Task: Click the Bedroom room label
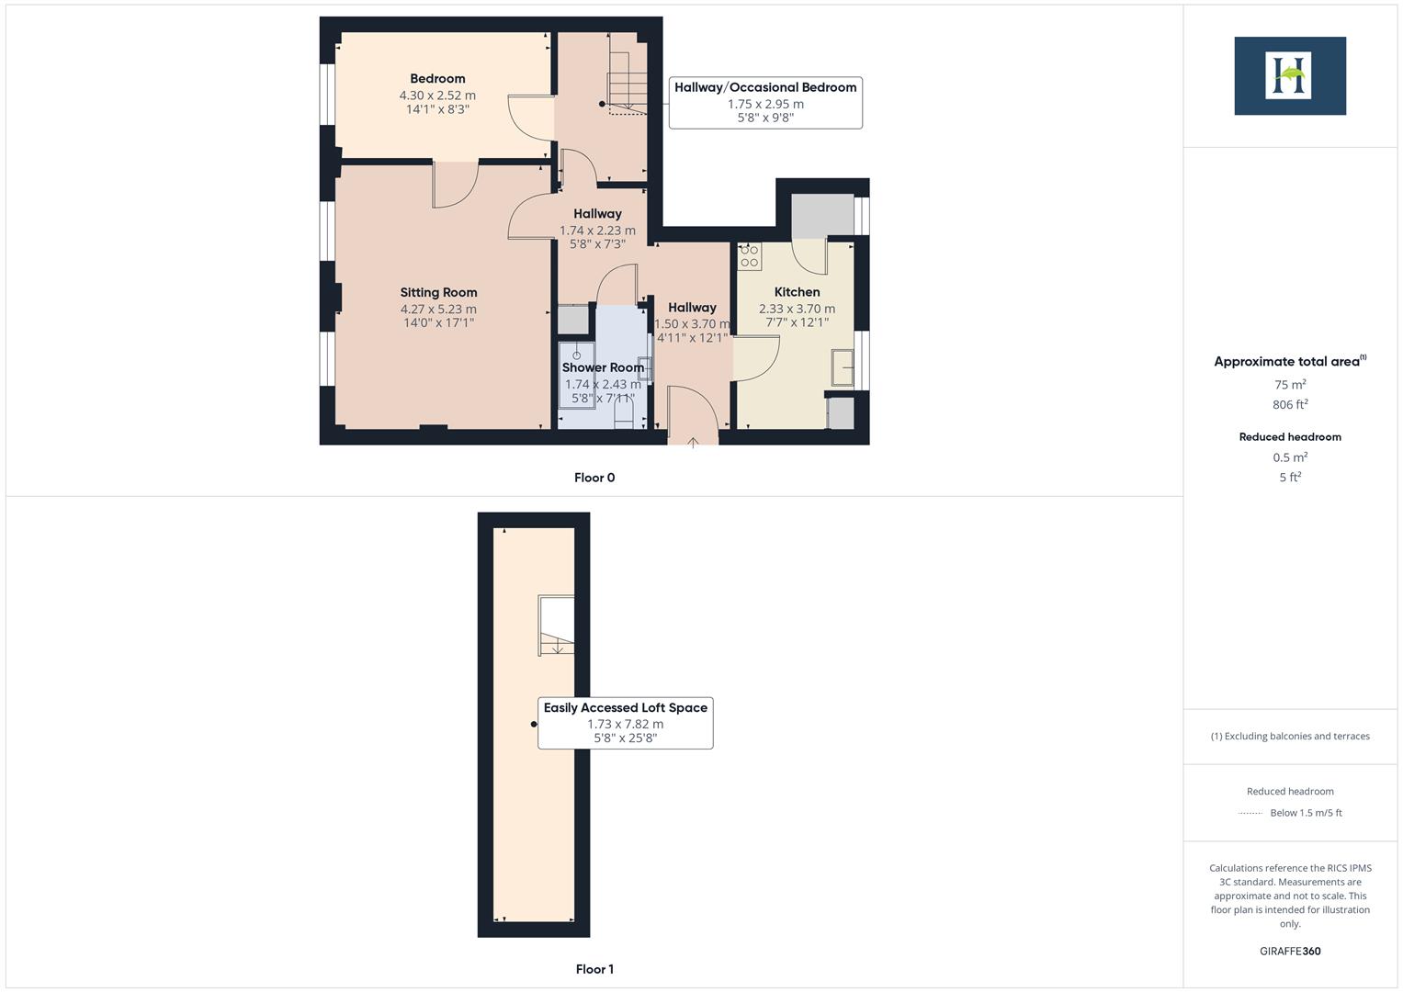tap(437, 79)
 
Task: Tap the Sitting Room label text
tap(438, 293)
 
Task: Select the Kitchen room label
tap(797, 292)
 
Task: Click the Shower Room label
tap(603, 367)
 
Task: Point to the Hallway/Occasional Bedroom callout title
tap(765, 87)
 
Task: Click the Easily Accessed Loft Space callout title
tap(625, 708)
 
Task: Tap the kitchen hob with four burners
tap(750, 256)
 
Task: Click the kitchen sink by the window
tap(843, 367)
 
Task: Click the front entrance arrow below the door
tap(693, 443)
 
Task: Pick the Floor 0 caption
tap(594, 478)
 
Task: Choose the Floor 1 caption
tap(594, 969)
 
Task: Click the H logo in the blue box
tap(1289, 75)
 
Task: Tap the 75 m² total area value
tap(1290, 385)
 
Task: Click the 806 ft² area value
tap(1290, 405)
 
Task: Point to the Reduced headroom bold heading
tap(1290, 437)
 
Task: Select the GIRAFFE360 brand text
tap(1290, 952)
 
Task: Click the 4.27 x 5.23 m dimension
tap(438, 310)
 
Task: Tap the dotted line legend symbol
tap(1250, 813)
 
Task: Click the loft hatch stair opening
tap(556, 626)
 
